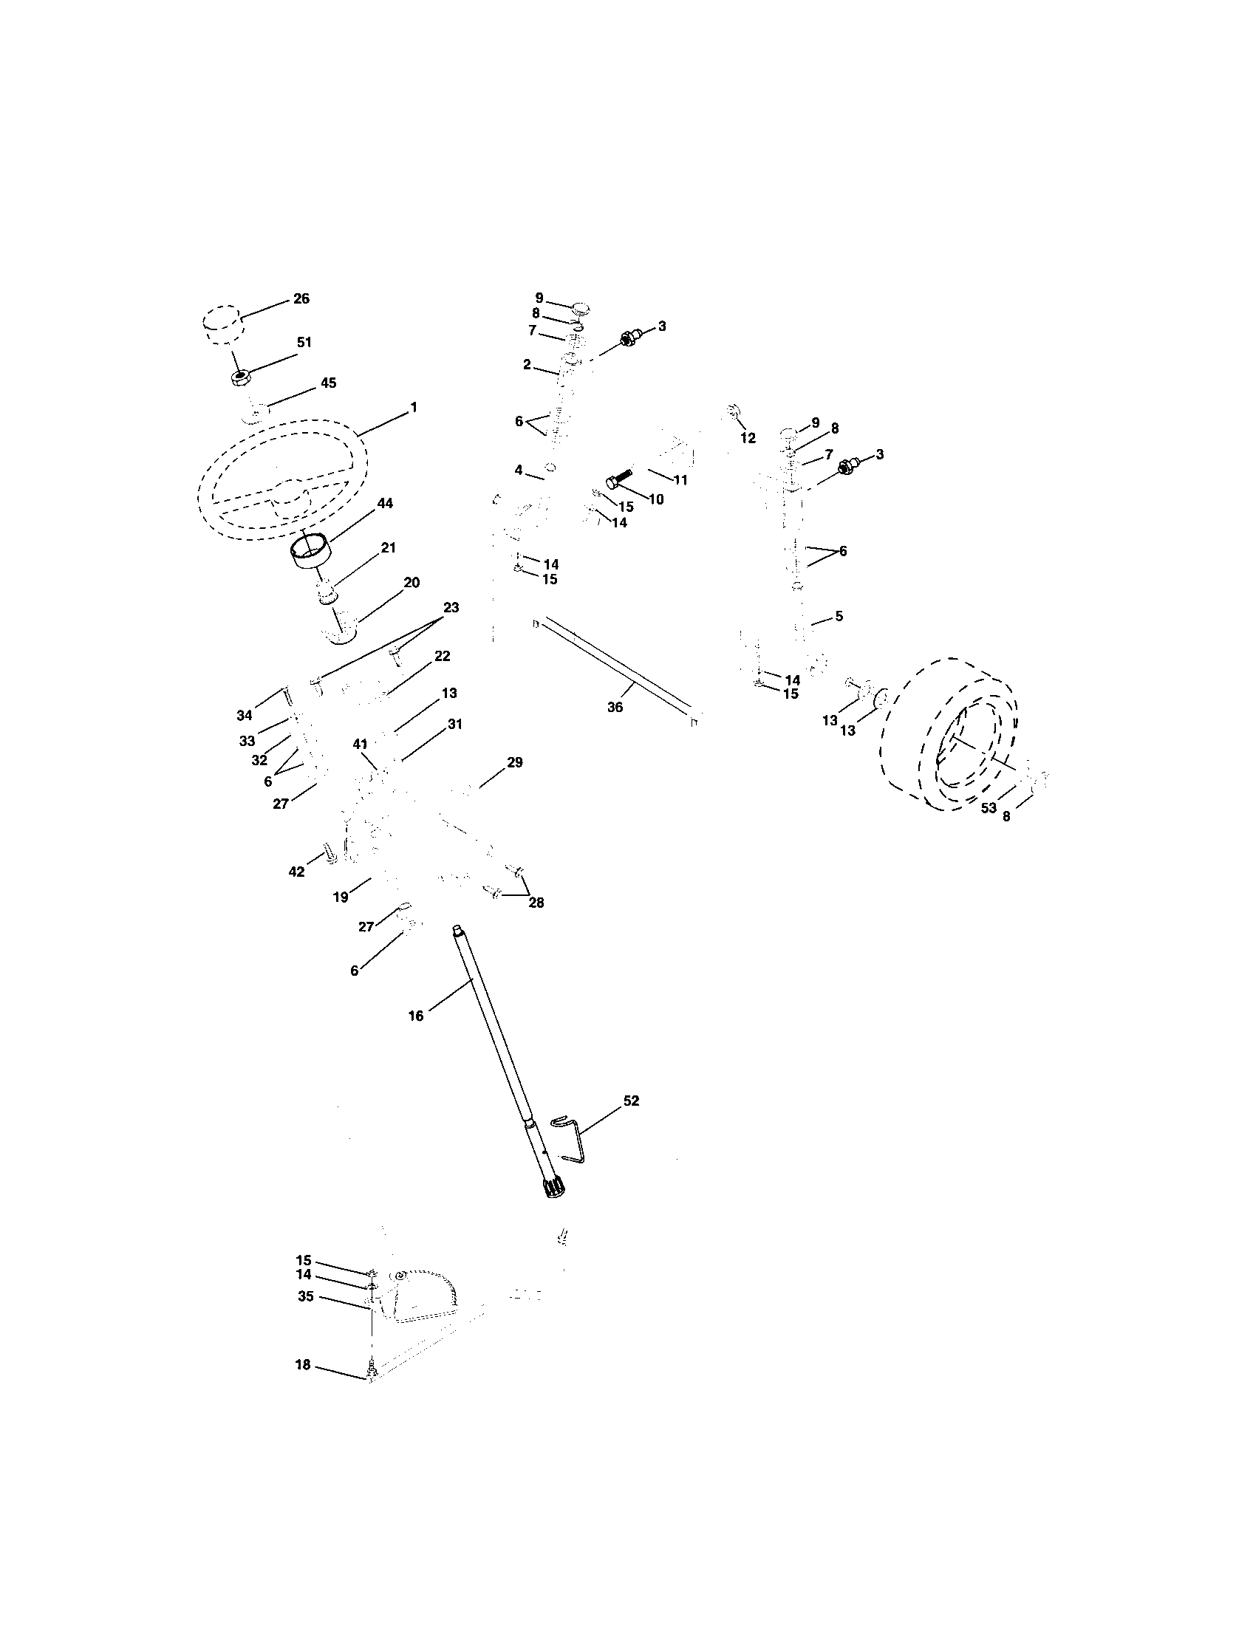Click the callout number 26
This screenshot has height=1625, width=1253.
coord(301,299)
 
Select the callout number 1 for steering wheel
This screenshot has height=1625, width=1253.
coord(414,408)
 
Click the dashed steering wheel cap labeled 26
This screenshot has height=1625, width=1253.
coord(221,324)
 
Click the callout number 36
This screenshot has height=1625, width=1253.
coord(615,708)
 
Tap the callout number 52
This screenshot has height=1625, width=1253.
coord(631,1101)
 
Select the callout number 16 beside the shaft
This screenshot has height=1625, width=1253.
coord(416,1016)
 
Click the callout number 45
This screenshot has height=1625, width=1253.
coord(328,383)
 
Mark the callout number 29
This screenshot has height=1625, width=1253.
coord(514,763)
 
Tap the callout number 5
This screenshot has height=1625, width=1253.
coord(839,617)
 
